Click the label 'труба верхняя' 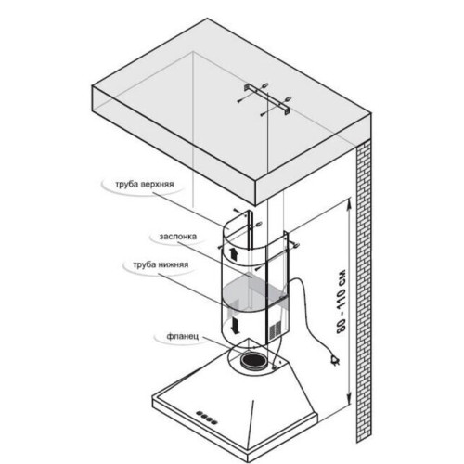(x=145, y=185)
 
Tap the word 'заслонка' (x=178, y=237)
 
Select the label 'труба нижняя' (x=161, y=265)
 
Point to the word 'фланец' (x=182, y=336)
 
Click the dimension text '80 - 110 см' (x=342, y=303)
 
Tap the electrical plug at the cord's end (x=335, y=360)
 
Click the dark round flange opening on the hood (x=253, y=361)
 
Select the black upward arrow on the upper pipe (x=233, y=254)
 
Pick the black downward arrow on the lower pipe (x=236, y=326)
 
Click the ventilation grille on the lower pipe (x=275, y=331)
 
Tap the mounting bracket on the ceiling (x=266, y=99)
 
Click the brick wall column (x=364, y=290)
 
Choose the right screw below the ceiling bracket (x=264, y=114)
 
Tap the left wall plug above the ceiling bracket (x=264, y=84)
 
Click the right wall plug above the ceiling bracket (x=288, y=99)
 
